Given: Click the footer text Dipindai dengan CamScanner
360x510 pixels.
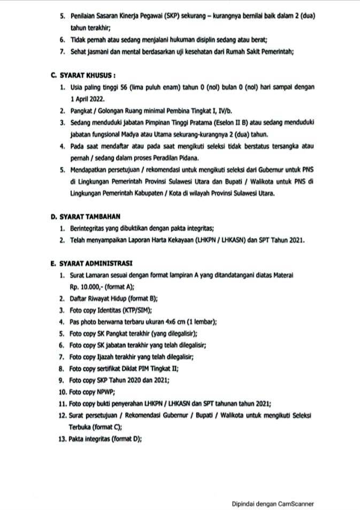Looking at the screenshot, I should coord(272,504).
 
